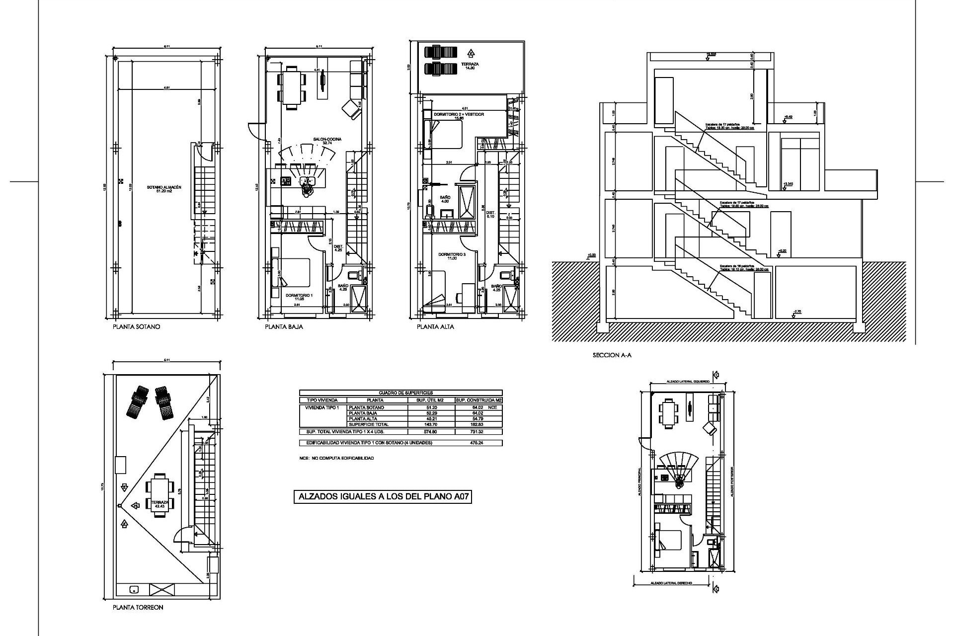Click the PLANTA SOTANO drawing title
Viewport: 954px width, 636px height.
point(136,327)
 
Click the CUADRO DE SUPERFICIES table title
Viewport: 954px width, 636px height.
point(400,393)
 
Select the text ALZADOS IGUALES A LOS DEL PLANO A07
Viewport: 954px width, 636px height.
point(382,497)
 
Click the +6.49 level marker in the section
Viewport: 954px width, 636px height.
point(788,117)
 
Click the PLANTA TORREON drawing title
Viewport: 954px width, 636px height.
point(138,607)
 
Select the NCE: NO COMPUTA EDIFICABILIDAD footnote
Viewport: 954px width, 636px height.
point(336,458)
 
